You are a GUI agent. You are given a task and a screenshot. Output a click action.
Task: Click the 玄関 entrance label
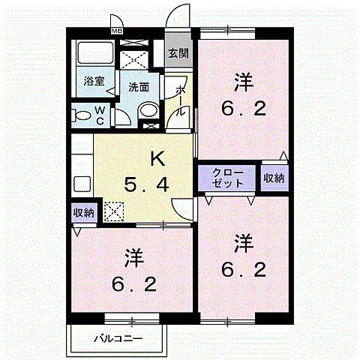tap(178, 53)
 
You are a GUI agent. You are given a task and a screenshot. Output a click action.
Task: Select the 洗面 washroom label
tap(139, 87)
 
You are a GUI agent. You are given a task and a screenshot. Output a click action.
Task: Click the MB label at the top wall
tap(117, 31)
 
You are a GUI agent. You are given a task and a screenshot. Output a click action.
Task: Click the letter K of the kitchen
tap(157, 158)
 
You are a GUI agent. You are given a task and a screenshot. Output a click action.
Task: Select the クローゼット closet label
tap(228, 178)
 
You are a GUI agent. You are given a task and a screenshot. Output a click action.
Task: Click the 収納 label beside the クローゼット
tap(274, 178)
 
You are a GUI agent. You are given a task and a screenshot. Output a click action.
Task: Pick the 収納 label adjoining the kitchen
tap(84, 212)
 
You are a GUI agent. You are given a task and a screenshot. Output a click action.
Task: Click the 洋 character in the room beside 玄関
tap(242, 80)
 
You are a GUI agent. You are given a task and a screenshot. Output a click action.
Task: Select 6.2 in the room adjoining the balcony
tap(135, 285)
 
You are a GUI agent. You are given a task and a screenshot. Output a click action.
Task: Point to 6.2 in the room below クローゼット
tap(242, 269)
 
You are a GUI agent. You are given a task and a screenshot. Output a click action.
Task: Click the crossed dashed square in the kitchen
tap(115, 212)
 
